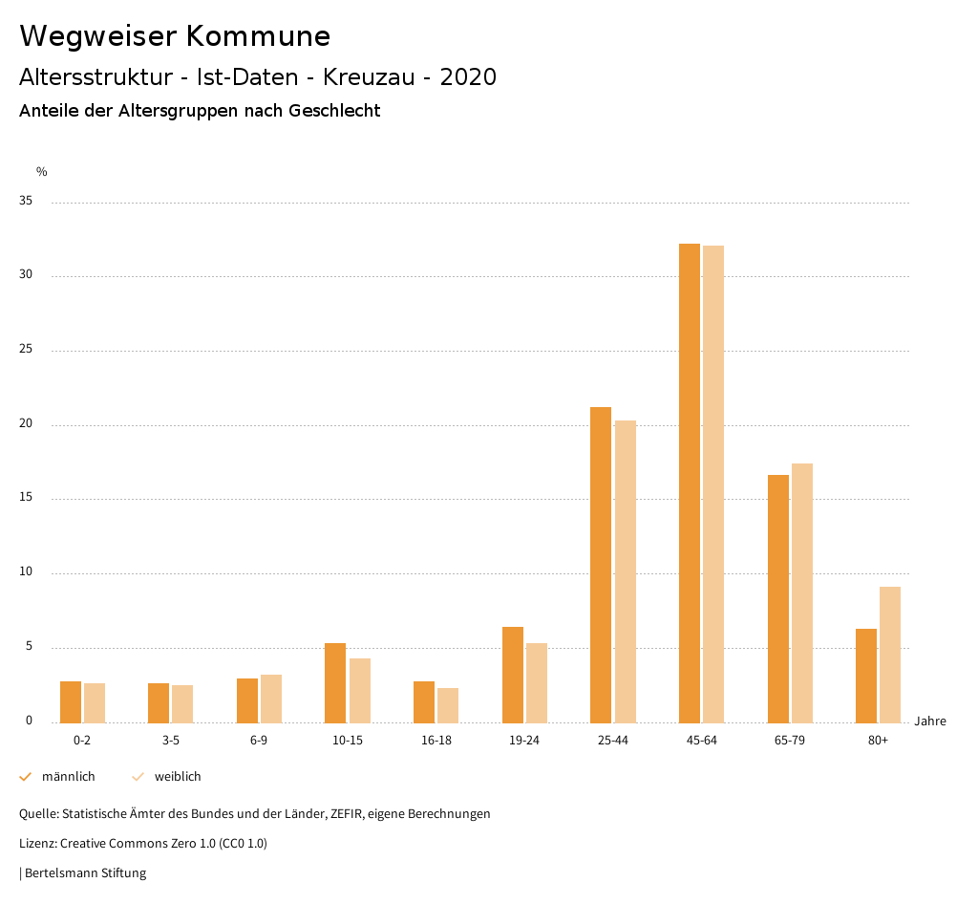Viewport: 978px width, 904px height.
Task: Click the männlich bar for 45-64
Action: (689, 483)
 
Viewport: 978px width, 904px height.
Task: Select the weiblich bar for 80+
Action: (890, 655)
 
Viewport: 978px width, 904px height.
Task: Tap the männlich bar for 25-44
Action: (601, 565)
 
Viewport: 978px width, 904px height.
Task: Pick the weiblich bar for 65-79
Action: (802, 592)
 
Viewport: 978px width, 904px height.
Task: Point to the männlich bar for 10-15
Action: (335, 682)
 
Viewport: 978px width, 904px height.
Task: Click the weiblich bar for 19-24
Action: (537, 682)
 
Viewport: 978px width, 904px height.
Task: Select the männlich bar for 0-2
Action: (71, 701)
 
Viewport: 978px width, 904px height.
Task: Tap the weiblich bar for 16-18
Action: (448, 704)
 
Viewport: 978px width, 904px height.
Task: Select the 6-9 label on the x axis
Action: (259, 741)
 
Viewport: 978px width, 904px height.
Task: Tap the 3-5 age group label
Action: (171, 741)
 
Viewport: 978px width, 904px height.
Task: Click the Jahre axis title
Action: (929, 721)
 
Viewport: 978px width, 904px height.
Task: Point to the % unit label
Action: (42, 172)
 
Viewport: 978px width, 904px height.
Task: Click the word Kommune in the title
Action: (258, 36)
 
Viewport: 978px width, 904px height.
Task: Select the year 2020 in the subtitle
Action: (468, 77)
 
